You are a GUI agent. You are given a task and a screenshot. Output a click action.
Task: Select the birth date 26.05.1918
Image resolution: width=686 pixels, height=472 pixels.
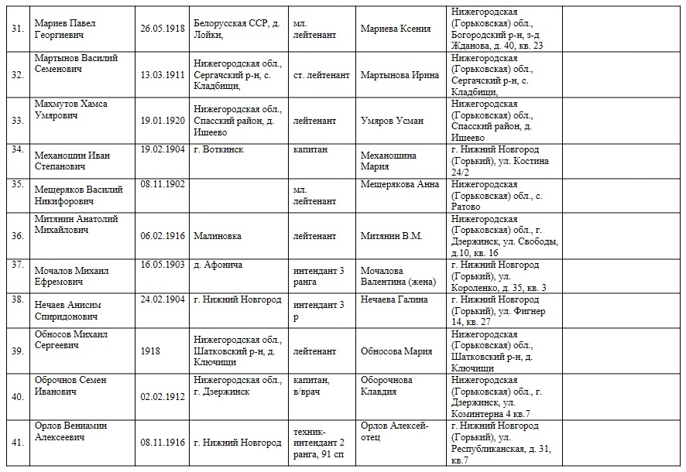tap(162, 29)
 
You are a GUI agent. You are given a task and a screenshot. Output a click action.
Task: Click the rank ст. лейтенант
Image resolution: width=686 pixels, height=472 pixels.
tap(321, 75)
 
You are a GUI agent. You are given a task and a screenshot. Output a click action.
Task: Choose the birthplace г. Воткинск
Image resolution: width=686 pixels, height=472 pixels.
tap(218, 149)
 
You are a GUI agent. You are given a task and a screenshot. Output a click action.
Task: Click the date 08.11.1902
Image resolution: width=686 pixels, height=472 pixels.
tap(162, 184)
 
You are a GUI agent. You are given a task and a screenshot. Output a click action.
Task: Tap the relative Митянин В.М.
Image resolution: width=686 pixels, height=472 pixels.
tap(391, 236)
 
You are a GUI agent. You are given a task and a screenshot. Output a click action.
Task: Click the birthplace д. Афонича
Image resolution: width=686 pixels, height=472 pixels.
tap(218, 265)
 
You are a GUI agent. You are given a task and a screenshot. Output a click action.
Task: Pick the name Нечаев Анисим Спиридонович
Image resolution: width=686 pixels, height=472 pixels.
tap(67, 310)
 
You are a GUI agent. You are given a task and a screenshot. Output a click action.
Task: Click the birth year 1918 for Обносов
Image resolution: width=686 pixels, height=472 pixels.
tap(151, 351)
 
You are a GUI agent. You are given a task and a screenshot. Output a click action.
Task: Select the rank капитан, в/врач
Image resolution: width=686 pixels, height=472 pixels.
tap(314, 385)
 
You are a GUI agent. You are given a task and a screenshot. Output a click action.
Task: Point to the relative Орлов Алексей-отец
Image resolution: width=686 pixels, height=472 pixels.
tap(395, 431)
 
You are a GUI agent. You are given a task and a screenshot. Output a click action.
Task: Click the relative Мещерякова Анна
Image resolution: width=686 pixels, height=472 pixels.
tap(400, 184)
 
